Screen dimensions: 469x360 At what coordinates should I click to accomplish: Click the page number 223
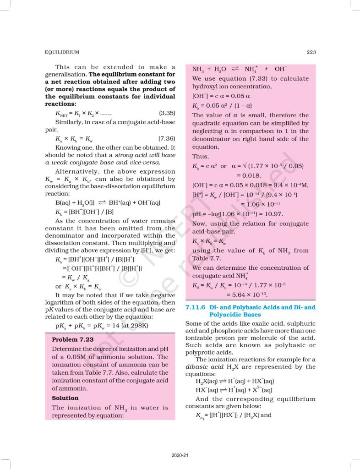[x=311, y=52]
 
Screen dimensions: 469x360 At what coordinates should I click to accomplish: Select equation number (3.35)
[x=166, y=113]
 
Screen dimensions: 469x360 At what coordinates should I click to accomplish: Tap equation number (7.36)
[x=166, y=138]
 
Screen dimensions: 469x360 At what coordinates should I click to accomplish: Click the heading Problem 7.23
[x=73, y=340]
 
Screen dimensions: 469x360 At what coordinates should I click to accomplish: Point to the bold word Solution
[x=65, y=398]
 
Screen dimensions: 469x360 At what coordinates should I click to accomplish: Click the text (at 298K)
[x=140, y=326]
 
